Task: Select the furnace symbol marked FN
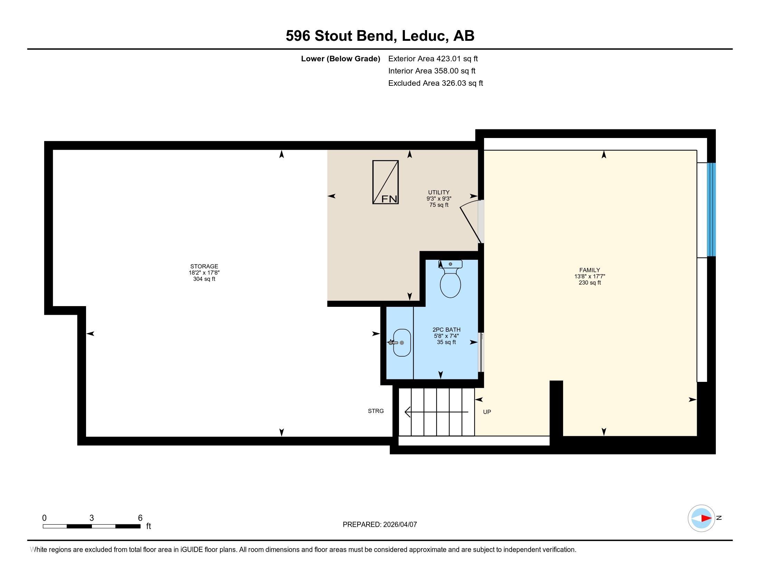386,182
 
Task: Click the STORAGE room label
204,266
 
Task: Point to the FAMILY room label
589,270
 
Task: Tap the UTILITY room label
439,192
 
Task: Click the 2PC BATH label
446,330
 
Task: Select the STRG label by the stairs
376,411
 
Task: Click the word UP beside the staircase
487,412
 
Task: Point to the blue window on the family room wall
711,210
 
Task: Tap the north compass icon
702,518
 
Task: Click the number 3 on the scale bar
92,518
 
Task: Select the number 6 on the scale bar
140,518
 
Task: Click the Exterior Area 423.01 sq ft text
433,59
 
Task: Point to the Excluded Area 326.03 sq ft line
436,83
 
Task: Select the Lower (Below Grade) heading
340,59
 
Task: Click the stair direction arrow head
408,412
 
